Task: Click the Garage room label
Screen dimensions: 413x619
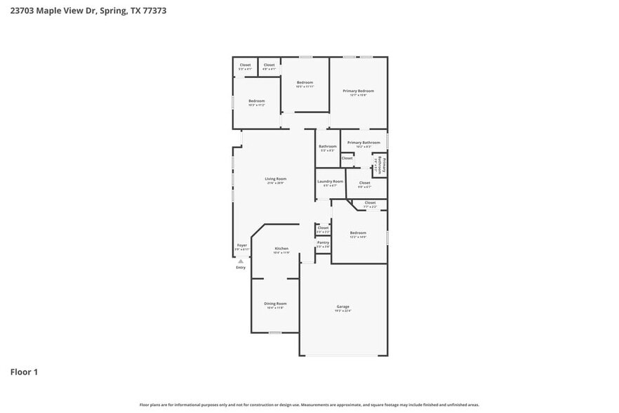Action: (342, 307)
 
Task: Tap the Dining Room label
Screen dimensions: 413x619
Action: (275, 303)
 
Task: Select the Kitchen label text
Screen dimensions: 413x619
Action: (281, 249)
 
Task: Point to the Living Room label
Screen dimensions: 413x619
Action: (275, 179)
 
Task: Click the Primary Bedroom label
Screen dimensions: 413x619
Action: (358, 91)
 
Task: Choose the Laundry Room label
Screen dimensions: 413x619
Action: (330, 182)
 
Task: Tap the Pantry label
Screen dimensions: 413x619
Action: (323, 242)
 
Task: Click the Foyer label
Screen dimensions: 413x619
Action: (241, 245)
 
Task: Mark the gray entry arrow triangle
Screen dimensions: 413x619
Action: (241, 261)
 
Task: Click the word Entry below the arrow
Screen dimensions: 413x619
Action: (241, 268)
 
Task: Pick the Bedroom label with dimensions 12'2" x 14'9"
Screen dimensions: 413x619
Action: (358, 232)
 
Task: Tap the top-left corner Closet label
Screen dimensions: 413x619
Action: (245, 65)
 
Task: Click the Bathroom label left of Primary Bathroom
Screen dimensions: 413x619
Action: (328, 146)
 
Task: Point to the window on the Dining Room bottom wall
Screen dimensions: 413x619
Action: (275, 333)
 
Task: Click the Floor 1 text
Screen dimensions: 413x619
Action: (24, 372)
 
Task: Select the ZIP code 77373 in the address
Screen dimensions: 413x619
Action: (154, 11)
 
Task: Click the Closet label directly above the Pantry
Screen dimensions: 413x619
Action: (323, 228)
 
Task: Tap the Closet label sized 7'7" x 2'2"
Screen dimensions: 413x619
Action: (370, 203)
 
